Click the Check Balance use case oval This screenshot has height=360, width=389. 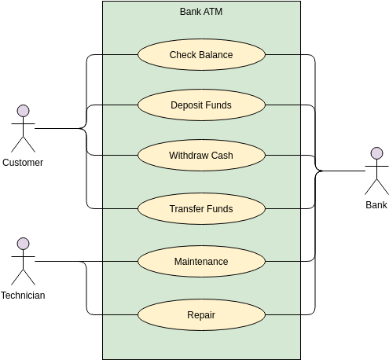point(201,54)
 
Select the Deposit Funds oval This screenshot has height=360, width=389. point(201,105)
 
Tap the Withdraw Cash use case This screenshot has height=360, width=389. point(201,155)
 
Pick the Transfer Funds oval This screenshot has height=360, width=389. point(201,209)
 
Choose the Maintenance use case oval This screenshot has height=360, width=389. point(201,261)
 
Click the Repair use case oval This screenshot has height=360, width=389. point(201,315)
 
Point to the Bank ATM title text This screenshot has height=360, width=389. point(201,12)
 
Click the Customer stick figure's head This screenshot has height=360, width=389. point(24,111)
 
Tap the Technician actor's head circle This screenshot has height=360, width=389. point(24,244)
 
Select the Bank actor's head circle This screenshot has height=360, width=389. point(376,153)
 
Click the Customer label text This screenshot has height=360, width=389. point(23,163)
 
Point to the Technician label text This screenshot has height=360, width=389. point(23,296)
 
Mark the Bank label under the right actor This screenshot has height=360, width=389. point(376,205)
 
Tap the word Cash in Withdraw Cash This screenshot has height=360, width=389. point(222,155)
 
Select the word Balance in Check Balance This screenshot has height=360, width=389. point(216,54)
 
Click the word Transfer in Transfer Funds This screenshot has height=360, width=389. point(186,209)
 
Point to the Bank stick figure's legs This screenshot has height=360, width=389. point(376,186)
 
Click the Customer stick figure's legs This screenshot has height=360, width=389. point(24,144)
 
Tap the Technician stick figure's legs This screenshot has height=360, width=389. point(24,277)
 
